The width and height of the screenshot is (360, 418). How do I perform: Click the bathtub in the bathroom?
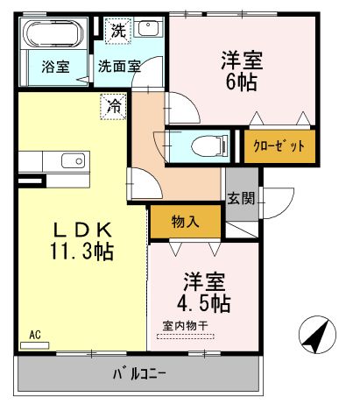tap(53, 36)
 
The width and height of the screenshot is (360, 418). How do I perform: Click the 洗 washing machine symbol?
tap(118, 29)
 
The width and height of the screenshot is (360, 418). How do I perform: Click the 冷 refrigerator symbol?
tap(115, 106)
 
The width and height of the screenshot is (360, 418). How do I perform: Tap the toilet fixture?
tap(200, 145)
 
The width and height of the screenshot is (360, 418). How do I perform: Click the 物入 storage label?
tap(185, 222)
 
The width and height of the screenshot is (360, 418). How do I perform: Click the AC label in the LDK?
tap(35, 334)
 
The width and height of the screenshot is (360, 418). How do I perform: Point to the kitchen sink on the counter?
tap(74, 161)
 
